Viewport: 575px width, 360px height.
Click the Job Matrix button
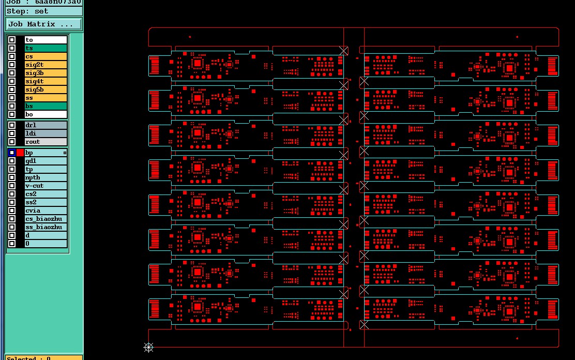point(44,24)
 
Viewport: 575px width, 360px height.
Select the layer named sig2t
point(46,65)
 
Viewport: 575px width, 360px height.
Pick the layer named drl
point(46,125)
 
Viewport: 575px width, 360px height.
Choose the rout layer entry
point(46,142)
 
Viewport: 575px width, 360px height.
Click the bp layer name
point(46,153)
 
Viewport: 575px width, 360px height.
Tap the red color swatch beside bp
point(20,153)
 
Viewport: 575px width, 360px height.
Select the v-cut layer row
point(46,186)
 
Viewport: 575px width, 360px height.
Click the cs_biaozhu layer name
point(46,219)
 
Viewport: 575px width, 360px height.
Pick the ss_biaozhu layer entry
point(46,227)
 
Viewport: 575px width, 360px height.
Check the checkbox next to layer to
point(12,40)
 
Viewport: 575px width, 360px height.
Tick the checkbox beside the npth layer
point(12,177)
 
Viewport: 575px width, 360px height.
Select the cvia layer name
point(46,211)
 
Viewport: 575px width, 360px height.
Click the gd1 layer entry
point(46,161)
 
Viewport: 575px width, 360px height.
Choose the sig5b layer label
point(46,89)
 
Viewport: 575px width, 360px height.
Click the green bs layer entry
point(46,106)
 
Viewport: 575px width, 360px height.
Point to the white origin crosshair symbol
point(148,348)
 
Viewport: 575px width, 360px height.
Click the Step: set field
point(44,11)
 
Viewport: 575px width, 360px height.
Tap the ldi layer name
point(46,133)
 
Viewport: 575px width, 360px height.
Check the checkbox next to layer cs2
point(12,194)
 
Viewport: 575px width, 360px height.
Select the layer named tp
point(46,169)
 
